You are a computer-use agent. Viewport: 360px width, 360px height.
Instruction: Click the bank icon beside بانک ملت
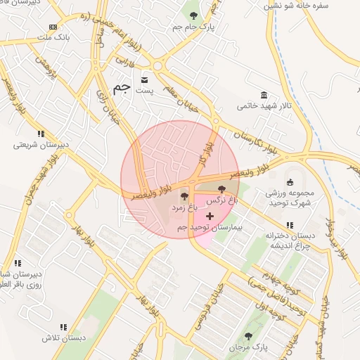[x=53, y=27]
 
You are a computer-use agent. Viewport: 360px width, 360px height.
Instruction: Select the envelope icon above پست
[x=145, y=79]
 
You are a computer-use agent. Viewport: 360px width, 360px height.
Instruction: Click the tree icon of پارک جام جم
[x=193, y=15]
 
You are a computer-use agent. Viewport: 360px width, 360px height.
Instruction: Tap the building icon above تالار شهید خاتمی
[x=264, y=95]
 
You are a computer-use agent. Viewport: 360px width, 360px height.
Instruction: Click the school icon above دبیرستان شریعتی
[x=41, y=133]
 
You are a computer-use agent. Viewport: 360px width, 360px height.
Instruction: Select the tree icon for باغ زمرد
[x=185, y=196]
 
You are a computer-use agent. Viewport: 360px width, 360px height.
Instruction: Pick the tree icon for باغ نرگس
[x=222, y=189]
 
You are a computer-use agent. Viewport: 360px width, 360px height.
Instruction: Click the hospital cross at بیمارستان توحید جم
[x=210, y=216]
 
